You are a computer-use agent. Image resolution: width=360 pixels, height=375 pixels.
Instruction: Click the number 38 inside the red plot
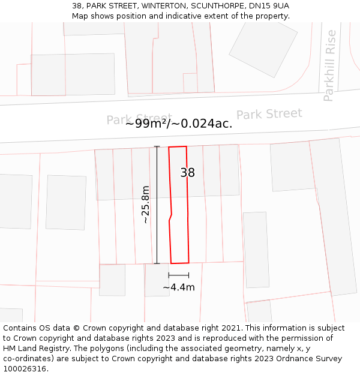[188, 173]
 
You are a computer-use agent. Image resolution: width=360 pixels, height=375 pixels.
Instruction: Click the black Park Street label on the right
[269, 114]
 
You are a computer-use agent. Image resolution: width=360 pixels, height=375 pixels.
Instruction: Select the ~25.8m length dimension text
[145, 205]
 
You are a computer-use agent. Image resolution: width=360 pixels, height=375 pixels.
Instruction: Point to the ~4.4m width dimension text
[179, 287]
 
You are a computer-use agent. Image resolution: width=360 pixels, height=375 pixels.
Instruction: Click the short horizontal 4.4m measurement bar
[179, 275]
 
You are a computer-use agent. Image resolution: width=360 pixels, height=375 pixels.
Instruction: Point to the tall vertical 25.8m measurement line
[157, 205]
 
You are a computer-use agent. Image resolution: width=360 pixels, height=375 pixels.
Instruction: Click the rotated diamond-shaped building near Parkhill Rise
[263, 48]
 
